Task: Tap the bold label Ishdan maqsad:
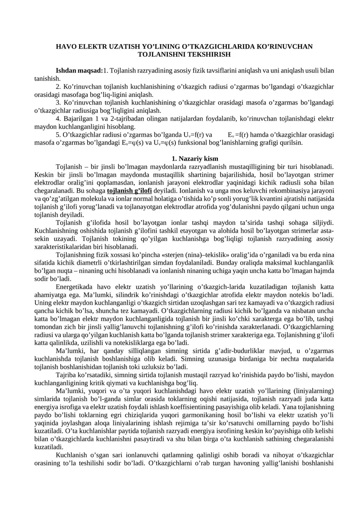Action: point(79,71)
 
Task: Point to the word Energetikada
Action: point(75,287)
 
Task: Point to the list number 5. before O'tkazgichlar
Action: point(58,135)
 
